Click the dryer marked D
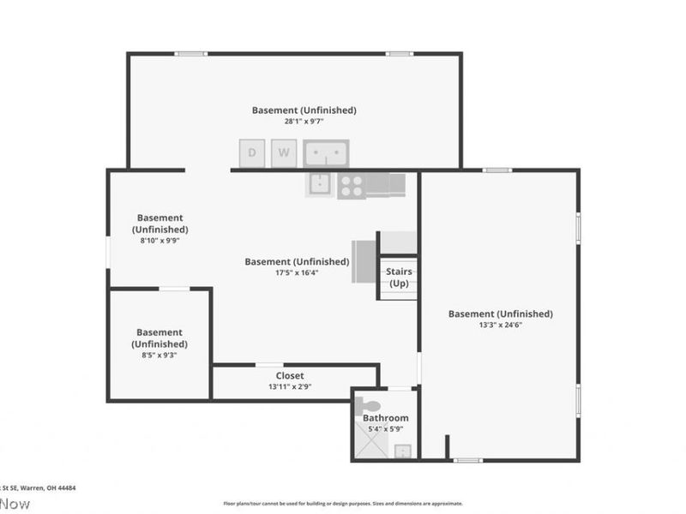(252, 153)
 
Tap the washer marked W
(284, 153)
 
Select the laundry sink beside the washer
(326, 153)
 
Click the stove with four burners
(350, 185)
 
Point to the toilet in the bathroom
(368, 404)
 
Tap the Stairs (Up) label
(399, 278)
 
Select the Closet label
(290, 375)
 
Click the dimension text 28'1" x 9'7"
(304, 122)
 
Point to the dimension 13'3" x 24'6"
(500, 326)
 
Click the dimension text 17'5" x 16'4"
(297, 272)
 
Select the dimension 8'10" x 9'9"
(159, 241)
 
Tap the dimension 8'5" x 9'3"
(159, 355)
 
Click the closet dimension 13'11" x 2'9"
(290, 386)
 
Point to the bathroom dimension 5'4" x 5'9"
(385, 428)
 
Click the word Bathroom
(385, 418)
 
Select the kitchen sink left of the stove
(319, 183)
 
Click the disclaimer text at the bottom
(343, 504)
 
